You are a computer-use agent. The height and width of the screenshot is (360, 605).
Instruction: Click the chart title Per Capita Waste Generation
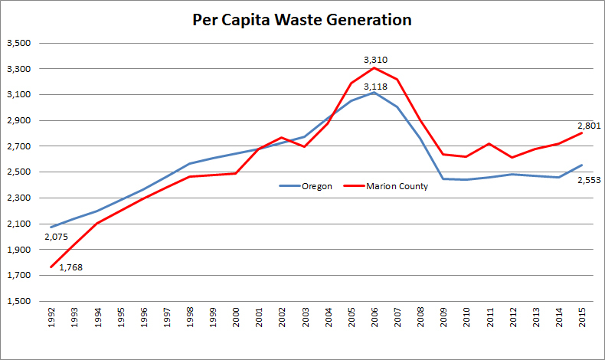coord(302,20)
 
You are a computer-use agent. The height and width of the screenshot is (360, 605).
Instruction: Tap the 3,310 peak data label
coord(374,58)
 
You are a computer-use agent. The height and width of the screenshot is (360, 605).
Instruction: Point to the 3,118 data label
coord(374,87)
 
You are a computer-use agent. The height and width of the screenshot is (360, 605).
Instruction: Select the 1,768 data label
coord(72,267)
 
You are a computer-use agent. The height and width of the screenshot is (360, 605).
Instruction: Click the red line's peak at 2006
coord(374,67)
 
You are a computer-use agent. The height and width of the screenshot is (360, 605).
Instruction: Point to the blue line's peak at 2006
coord(374,92)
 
